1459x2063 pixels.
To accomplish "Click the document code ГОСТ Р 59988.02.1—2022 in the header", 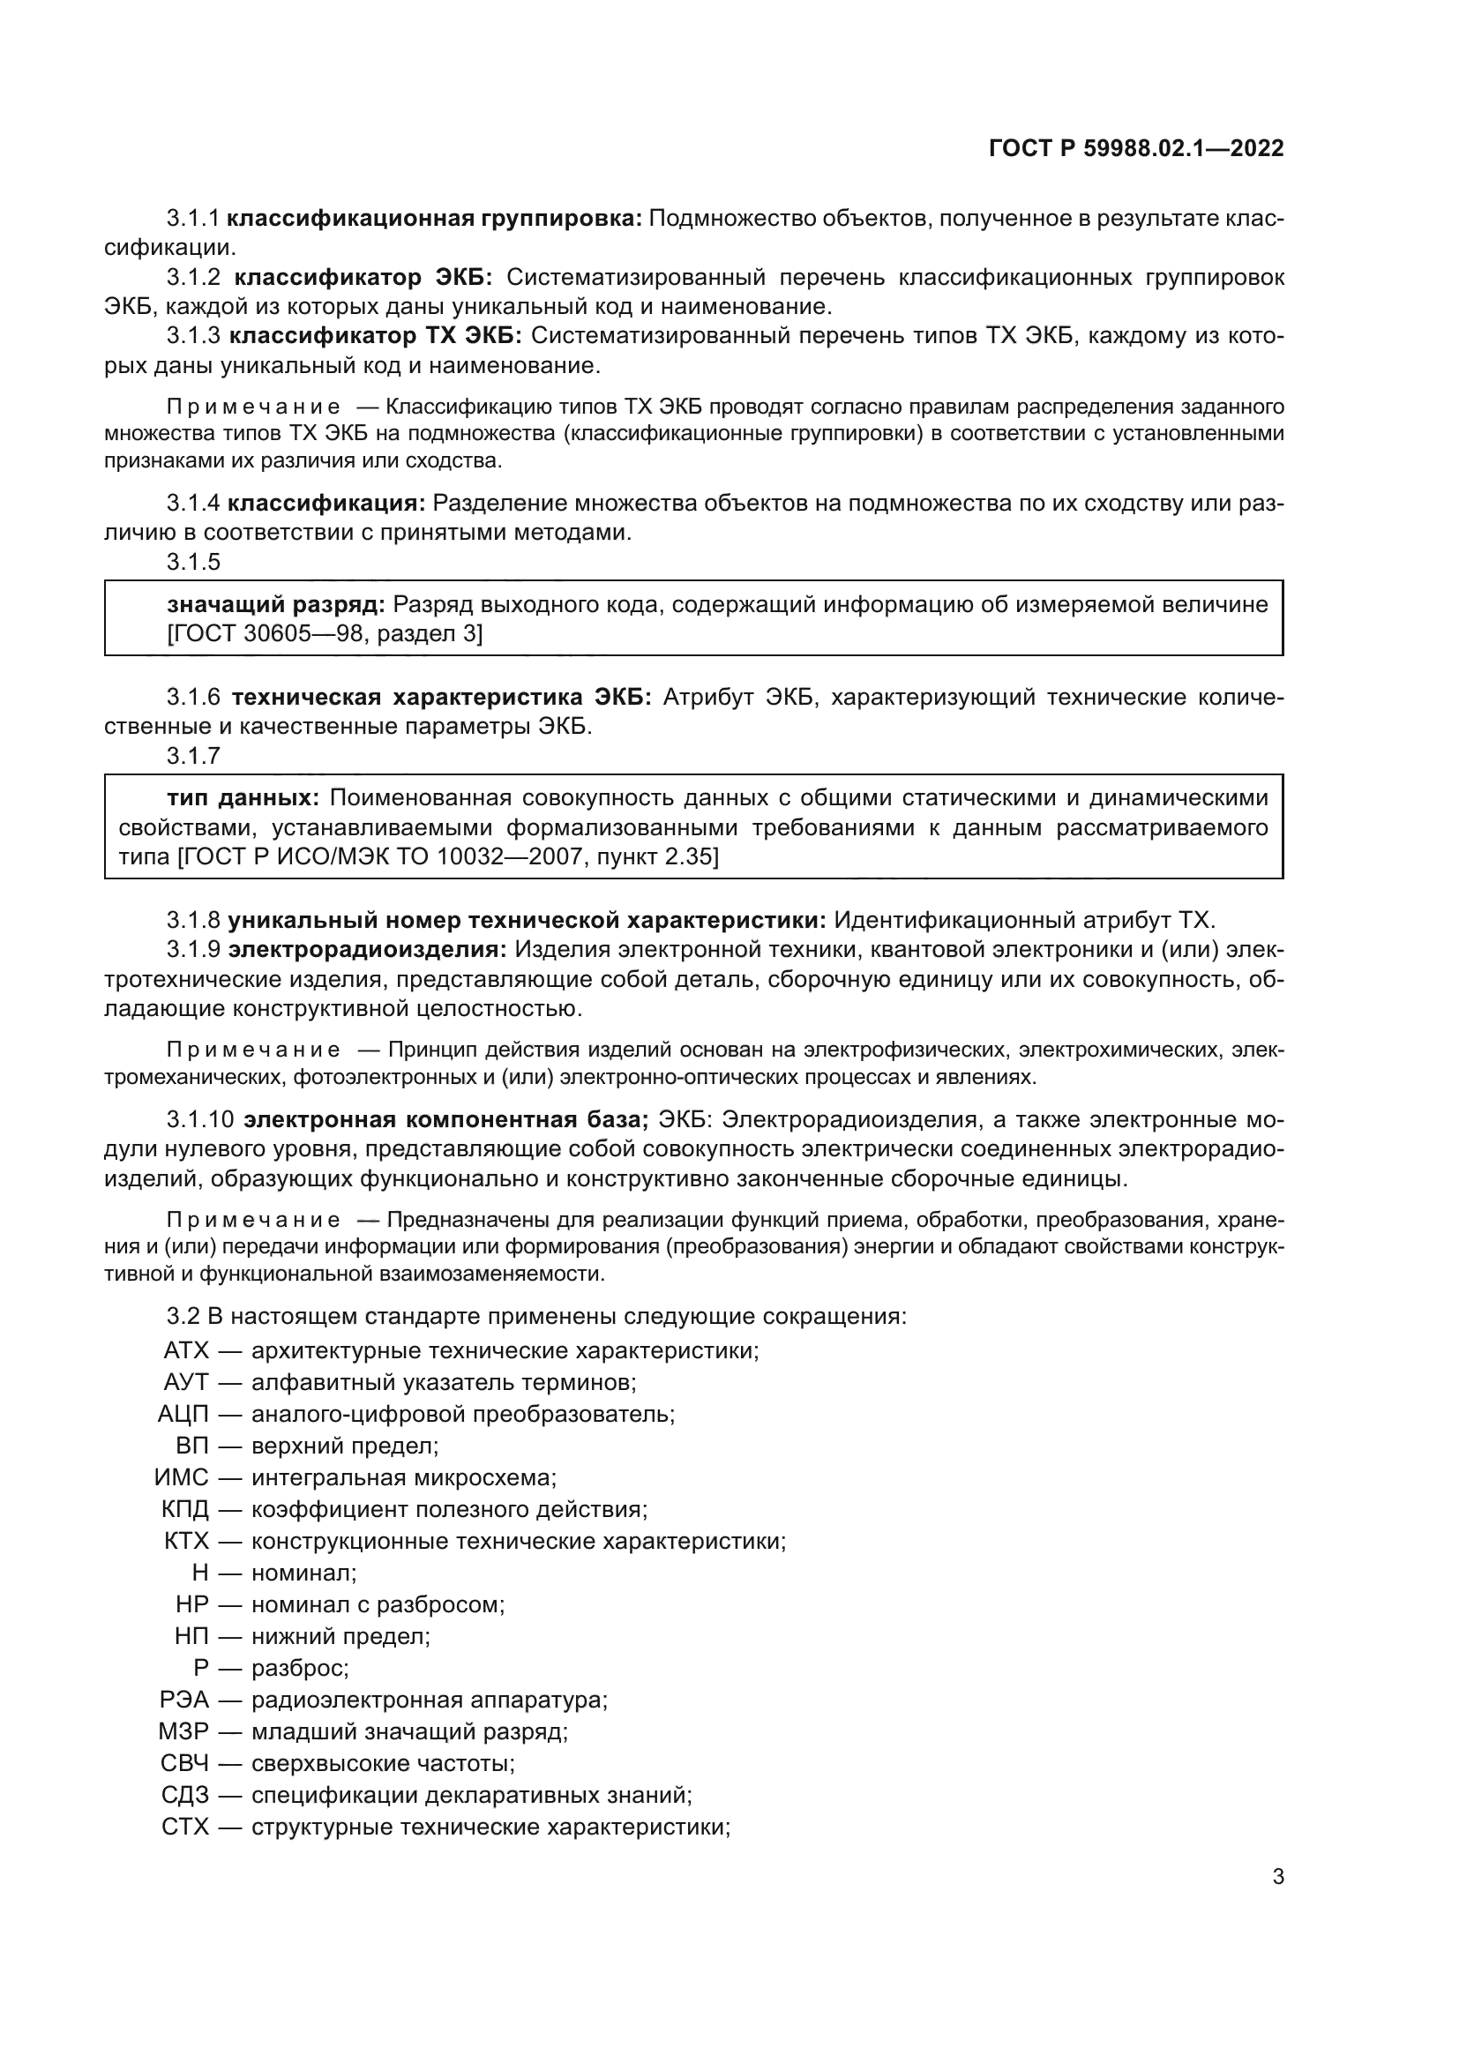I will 1135,148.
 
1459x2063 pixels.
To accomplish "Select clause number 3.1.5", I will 193,563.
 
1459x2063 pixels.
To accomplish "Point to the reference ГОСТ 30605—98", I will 269,634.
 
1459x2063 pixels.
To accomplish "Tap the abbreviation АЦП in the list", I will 183,1414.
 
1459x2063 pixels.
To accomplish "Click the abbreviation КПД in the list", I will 184,1508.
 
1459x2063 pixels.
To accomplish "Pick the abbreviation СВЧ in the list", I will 184,1763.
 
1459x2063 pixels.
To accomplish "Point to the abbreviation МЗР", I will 183,1731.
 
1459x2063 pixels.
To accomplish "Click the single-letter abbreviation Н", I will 200,1573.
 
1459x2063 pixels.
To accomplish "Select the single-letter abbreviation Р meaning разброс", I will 201,1668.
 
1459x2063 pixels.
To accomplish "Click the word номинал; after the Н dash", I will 303,1573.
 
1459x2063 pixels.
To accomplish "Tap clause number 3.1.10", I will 200,1120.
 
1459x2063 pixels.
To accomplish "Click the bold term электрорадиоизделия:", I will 368,950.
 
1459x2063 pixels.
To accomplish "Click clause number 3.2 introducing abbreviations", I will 183,1317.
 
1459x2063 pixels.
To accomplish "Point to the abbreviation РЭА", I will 184,1700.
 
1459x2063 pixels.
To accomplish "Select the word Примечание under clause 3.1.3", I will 253,408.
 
